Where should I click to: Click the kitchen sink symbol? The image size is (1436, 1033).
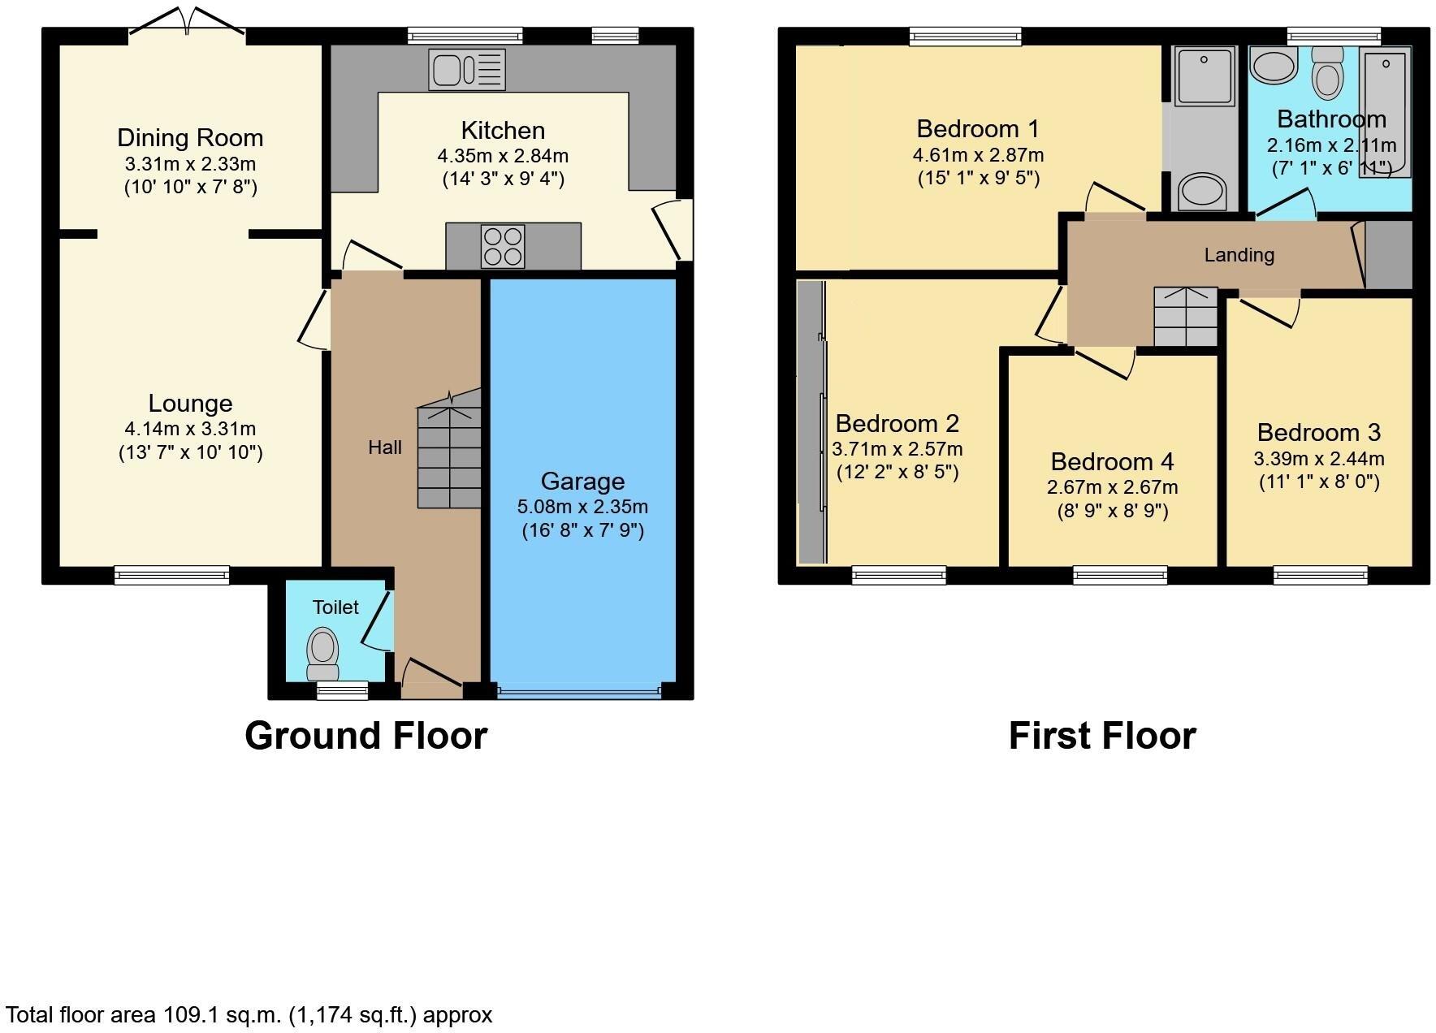[x=467, y=69]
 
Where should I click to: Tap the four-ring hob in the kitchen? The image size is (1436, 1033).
[x=502, y=246]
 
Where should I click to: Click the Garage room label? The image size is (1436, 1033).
[x=582, y=482]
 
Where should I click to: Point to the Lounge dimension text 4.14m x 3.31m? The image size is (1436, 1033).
[x=190, y=428]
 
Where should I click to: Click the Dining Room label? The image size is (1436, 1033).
[x=190, y=137]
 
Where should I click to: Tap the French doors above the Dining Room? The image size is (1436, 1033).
[x=188, y=22]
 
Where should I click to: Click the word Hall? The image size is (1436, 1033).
[x=385, y=447]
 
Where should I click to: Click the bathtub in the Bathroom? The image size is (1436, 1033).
[x=1386, y=110]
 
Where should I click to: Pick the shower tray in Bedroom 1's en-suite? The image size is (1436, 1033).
[x=1204, y=75]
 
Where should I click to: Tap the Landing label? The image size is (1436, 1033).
[x=1239, y=255]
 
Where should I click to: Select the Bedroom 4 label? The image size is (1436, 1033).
[x=1112, y=461]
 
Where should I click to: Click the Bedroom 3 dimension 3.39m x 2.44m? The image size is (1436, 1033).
[x=1318, y=459]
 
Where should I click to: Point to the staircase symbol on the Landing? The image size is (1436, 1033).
[x=1186, y=317]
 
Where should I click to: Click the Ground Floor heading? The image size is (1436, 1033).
[x=365, y=735]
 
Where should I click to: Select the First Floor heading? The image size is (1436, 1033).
[x=1102, y=736]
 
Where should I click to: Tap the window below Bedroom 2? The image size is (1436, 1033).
[x=899, y=575]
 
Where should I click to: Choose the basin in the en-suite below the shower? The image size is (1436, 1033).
[x=1201, y=192]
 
